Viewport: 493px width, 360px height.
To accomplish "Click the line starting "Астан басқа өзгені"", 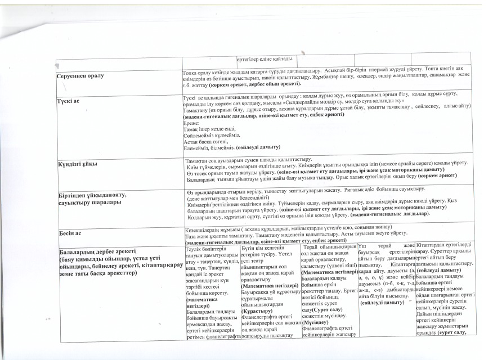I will pos(205,141).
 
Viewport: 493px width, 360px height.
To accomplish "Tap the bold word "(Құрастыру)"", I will pos(257,310).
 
